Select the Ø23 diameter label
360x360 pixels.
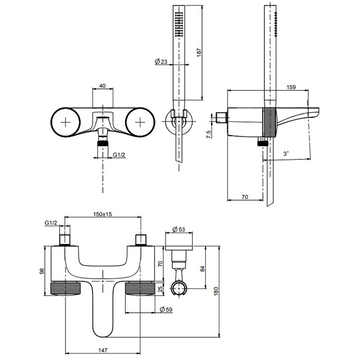(161, 62)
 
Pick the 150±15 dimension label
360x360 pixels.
(102, 213)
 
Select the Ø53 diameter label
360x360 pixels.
(178, 229)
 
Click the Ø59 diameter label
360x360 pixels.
(166, 309)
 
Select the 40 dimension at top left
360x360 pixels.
(103, 86)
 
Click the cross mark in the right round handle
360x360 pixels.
(140, 122)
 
